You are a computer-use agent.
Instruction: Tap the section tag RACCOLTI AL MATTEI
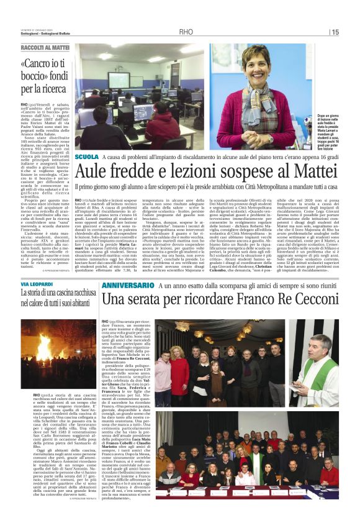point(45,47)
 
